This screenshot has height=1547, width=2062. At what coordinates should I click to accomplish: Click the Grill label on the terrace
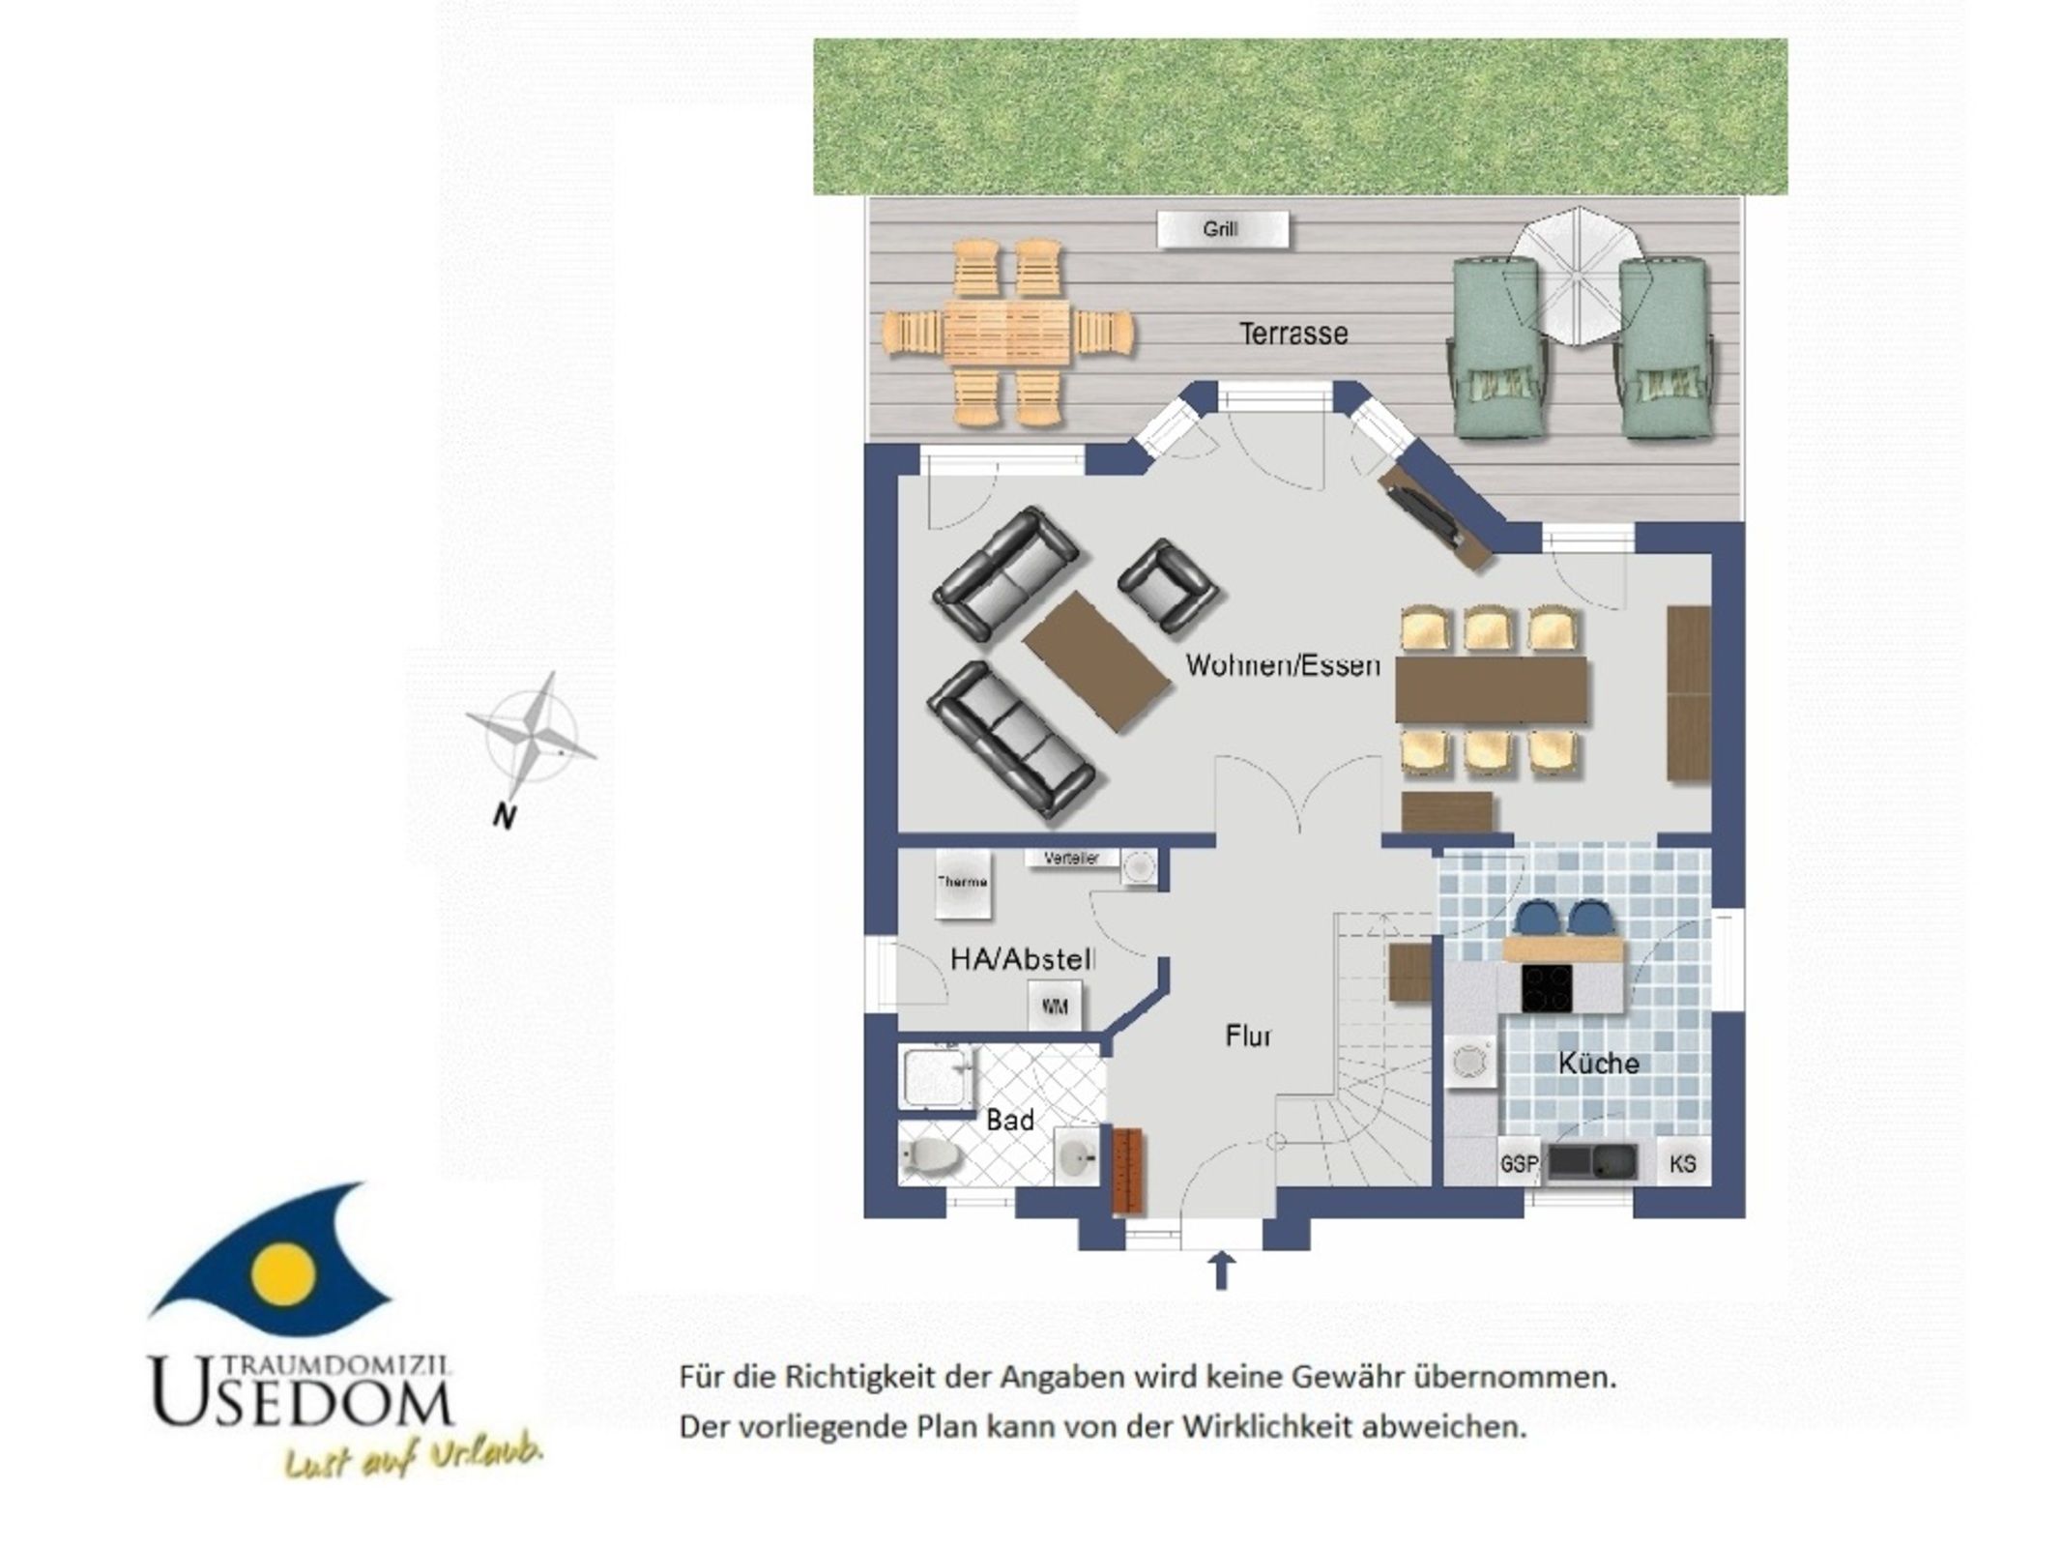coord(1220,229)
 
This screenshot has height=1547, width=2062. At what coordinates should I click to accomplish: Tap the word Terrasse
coord(1293,334)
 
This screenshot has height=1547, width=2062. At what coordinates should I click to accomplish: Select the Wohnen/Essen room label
coord(1283,665)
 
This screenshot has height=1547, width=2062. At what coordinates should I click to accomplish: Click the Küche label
coord(1598,1064)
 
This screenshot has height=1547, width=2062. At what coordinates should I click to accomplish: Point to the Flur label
coord(1248,1036)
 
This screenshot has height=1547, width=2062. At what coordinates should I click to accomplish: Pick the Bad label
coord(1010,1120)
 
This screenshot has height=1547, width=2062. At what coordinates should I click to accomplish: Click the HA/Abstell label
coord(1023,959)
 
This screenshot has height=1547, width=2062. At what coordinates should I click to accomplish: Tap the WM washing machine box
coord(1055,1007)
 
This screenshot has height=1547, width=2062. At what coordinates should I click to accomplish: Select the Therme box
coord(963,884)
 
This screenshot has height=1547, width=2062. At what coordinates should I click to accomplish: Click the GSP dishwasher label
coord(1519,1164)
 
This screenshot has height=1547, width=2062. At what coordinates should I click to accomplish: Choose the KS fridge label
coord(1682,1163)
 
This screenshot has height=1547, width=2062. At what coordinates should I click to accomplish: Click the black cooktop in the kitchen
coord(1547,987)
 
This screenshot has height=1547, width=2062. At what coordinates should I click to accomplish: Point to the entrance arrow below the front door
coord(1222,1270)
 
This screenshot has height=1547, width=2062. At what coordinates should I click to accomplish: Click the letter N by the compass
coord(504,817)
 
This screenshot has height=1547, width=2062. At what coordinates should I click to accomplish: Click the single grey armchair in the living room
coord(1168,586)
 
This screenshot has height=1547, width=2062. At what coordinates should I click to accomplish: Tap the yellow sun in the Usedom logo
coord(282,1273)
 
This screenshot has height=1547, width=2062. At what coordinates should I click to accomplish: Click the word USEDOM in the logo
coord(302,1394)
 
